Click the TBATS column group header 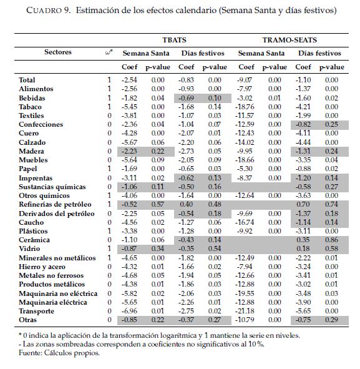pos(174,40)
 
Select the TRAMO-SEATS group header pos(289,40)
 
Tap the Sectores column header pos(58,52)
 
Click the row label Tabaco pos(30,107)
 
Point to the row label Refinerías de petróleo pos(55,204)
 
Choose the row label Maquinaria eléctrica pos(53,302)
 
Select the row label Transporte pos(36,311)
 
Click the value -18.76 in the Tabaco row pos(245,107)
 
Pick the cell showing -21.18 pos(245,311)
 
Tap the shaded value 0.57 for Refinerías pos(158,204)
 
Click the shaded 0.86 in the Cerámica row pos(331,240)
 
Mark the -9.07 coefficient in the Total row pos(245,80)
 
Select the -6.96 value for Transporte pos(129,311)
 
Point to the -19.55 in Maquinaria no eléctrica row pos(245,293)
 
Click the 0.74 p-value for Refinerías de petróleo pos(331,204)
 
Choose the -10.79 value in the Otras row pos(245,320)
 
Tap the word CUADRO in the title pos(44,11)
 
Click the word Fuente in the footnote pos(29,353)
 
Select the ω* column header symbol pos(109,52)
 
